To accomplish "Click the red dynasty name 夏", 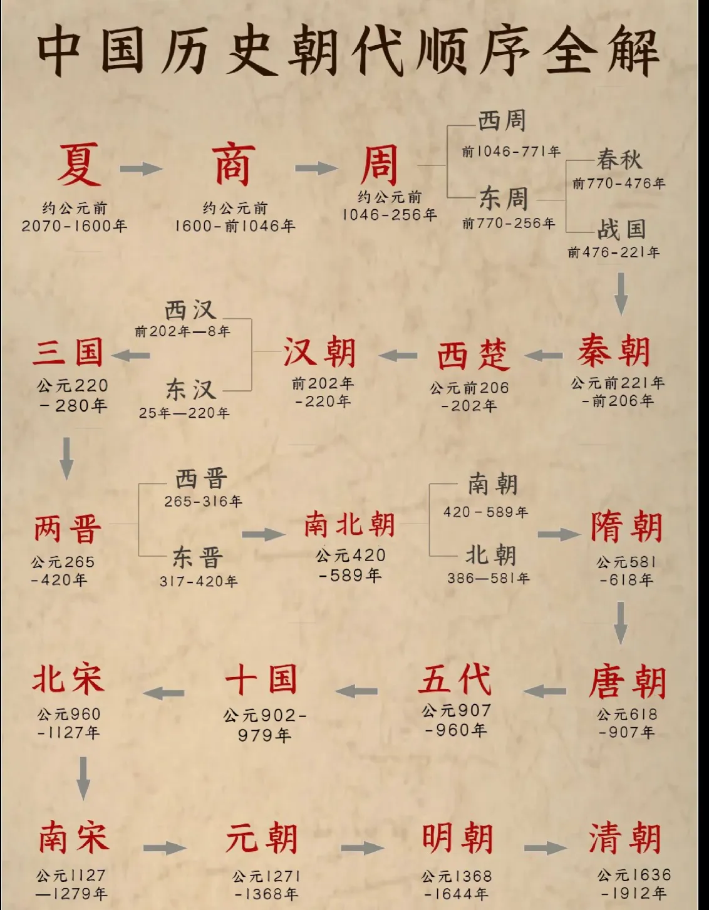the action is click(79, 164).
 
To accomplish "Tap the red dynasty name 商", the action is click(234, 164).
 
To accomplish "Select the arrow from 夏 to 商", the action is click(141, 168).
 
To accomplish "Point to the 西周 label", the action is click(502, 122).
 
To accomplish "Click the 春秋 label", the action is click(619, 160).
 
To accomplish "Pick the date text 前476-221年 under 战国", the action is click(614, 252).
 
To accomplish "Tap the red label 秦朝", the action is click(614, 351).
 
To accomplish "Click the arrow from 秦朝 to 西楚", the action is click(543, 356).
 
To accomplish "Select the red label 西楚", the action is click(474, 355).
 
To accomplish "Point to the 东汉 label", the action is click(191, 390).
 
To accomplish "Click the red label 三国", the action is click(68, 353).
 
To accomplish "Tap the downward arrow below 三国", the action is click(66, 458).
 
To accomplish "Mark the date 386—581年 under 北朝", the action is click(489, 578).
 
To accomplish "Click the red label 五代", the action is click(455, 679).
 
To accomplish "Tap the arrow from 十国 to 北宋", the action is click(163, 693).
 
